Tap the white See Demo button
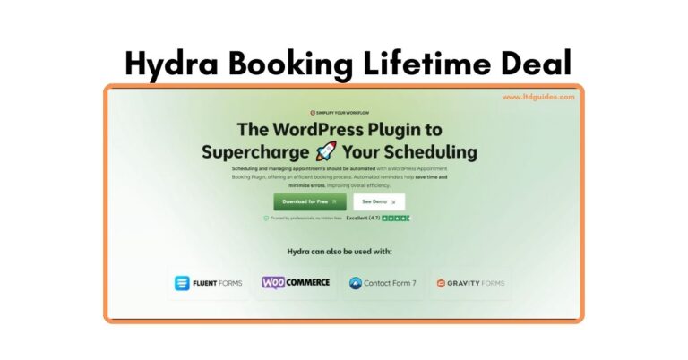(x=379, y=201)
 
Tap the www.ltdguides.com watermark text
(x=537, y=97)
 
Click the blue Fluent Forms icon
(x=183, y=283)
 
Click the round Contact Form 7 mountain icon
(x=355, y=283)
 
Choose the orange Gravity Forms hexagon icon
(x=441, y=283)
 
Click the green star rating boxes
(x=396, y=219)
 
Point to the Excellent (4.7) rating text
(x=363, y=219)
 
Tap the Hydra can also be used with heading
(x=340, y=252)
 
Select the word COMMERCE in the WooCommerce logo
(x=309, y=282)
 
